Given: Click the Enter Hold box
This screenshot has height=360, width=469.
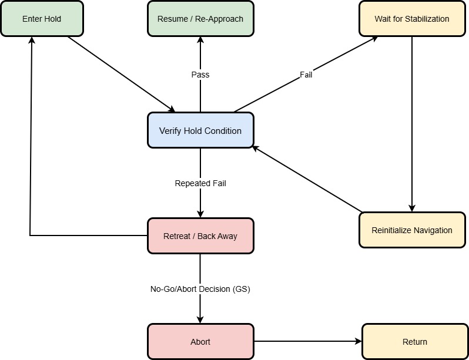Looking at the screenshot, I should point(42,19).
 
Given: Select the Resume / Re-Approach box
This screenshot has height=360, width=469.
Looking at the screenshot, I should point(200,19).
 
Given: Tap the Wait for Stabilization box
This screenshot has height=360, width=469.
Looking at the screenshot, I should point(412,19).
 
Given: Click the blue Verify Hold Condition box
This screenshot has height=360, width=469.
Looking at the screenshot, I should point(200,130).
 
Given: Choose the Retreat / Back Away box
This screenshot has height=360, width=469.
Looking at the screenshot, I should point(200,236).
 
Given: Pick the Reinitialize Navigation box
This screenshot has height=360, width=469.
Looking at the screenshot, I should point(412,230).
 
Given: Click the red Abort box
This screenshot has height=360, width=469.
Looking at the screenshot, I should point(200,342).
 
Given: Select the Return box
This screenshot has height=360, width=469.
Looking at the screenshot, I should point(415,342).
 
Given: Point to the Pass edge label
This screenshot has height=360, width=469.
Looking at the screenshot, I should point(200,75).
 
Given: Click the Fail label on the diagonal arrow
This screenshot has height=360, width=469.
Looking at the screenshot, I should point(306,75).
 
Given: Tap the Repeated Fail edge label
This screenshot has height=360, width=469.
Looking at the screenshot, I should point(200,183).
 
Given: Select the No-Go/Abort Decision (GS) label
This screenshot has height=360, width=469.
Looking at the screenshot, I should point(200,289).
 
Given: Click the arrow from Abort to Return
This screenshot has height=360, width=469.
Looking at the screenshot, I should point(306,341).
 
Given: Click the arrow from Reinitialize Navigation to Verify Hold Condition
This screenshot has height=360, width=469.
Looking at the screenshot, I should point(306,179).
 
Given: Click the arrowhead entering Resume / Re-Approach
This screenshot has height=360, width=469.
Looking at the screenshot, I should point(200,41).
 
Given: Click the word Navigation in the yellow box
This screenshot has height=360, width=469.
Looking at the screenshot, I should point(432,230).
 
